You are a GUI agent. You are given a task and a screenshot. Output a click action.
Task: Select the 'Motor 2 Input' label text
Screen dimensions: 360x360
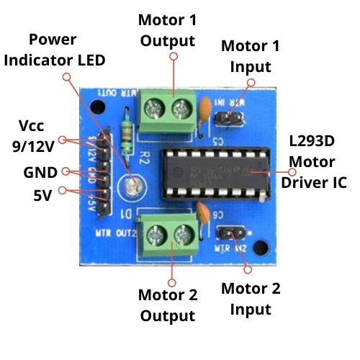tap(246, 299)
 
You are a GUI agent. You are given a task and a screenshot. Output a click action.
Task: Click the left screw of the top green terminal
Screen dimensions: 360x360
tap(153, 109)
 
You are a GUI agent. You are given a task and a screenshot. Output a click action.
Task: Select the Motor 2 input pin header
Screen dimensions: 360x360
tap(230, 233)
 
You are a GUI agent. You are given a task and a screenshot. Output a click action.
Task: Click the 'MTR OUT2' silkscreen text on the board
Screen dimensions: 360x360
tap(114, 233)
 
